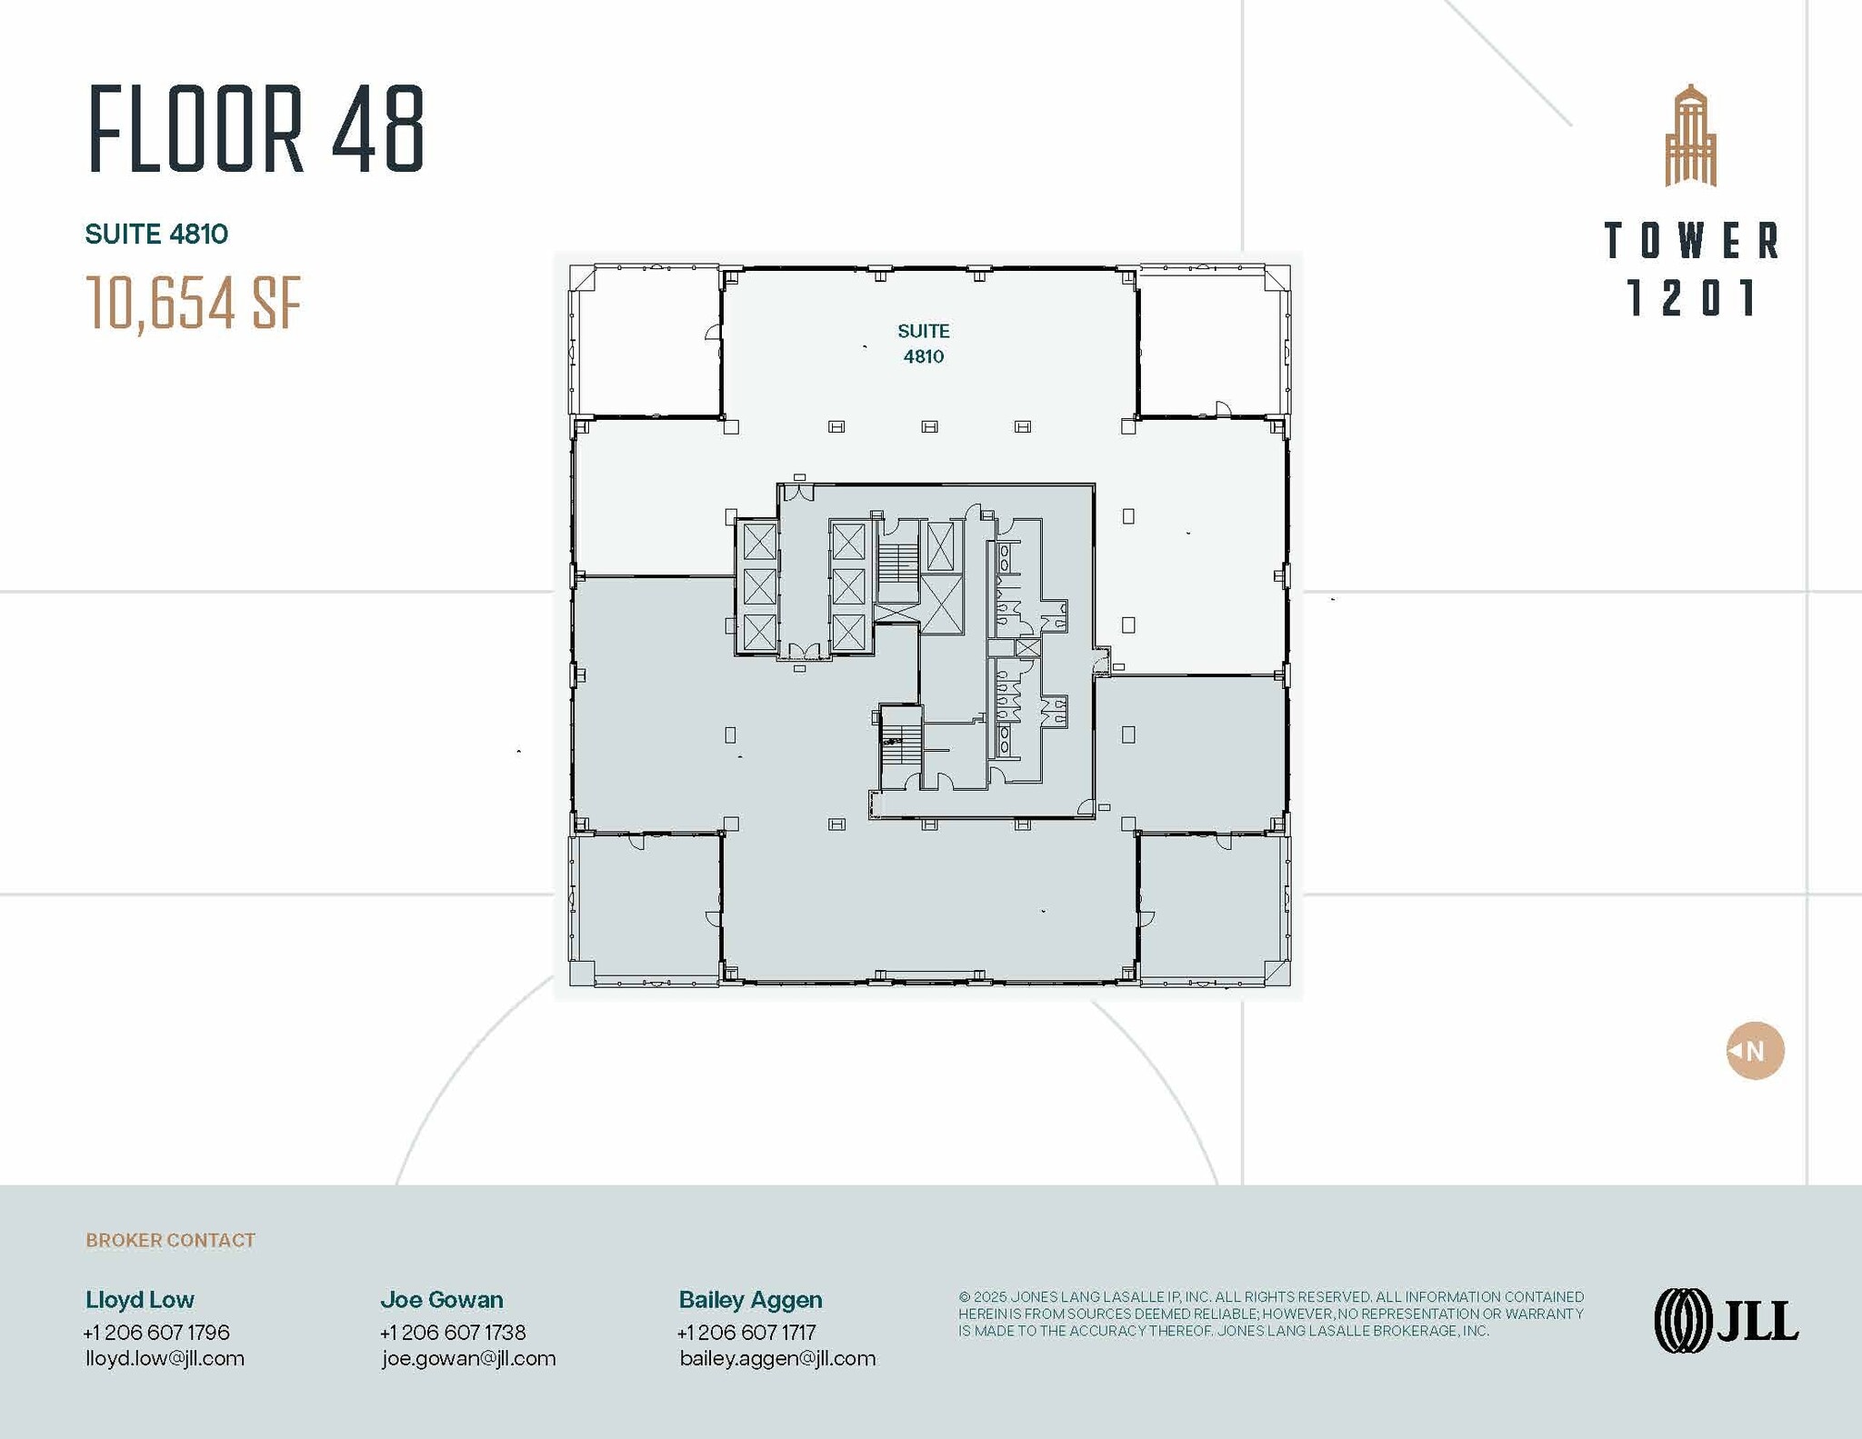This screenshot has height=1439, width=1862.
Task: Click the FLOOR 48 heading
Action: [x=256, y=128]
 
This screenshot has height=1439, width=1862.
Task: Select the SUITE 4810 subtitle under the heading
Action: [x=156, y=235]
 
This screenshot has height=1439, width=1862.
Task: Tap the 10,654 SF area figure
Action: [x=193, y=303]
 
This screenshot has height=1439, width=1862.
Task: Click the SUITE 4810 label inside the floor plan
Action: [x=923, y=344]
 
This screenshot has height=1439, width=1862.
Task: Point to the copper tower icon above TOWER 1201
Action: [x=1690, y=136]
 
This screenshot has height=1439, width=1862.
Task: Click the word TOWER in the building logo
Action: [x=1691, y=241]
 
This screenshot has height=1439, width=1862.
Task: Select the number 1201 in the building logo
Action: [x=1691, y=298]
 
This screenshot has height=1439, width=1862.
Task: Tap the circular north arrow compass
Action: [x=1755, y=1051]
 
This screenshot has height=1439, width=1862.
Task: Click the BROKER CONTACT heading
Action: [x=170, y=1240]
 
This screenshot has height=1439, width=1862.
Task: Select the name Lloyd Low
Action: [x=140, y=1300]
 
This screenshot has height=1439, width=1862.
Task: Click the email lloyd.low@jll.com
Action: [x=165, y=1358]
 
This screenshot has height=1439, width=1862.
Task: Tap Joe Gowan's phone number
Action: [x=453, y=1333]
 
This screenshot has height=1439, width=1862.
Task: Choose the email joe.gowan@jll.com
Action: [x=468, y=1358]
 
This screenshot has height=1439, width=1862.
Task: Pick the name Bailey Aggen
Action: [x=750, y=1300]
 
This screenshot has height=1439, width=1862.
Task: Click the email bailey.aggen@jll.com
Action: [x=777, y=1358]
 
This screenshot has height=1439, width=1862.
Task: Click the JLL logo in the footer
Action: [x=1726, y=1321]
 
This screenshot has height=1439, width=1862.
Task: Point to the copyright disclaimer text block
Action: [x=1270, y=1314]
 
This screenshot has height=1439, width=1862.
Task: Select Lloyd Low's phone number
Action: [x=156, y=1333]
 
